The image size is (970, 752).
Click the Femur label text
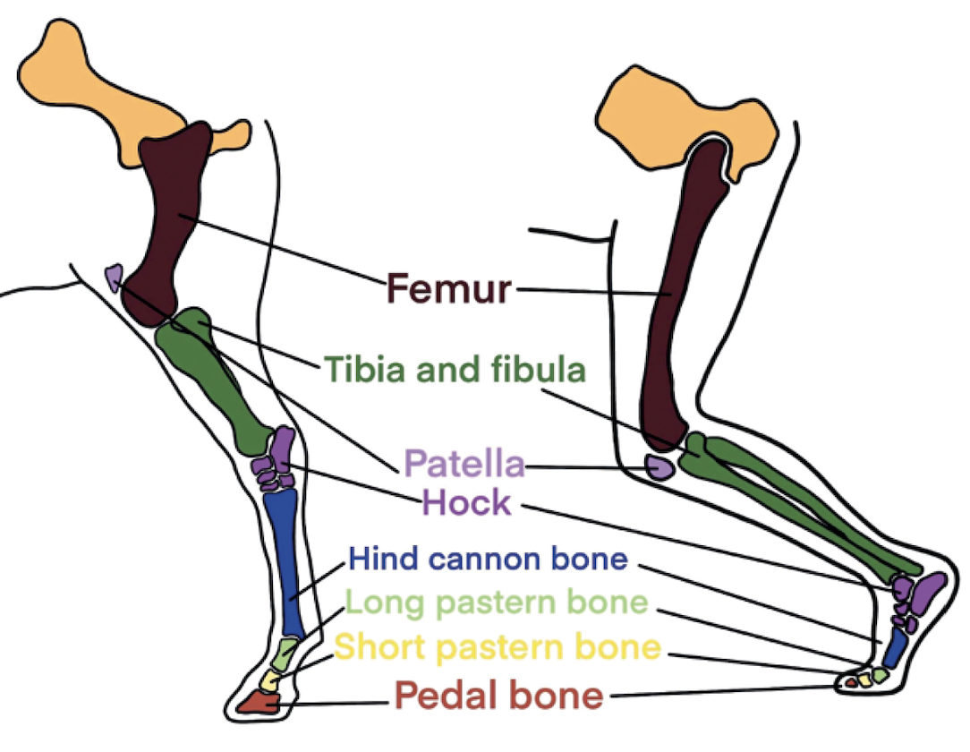click(449, 288)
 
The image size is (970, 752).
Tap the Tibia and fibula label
click(455, 370)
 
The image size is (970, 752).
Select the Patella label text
click(464, 463)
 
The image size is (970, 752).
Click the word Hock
click(467, 502)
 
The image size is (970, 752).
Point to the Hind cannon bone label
click(488, 559)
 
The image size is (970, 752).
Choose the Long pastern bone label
click(496, 602)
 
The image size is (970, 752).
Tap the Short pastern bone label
click(498, 646)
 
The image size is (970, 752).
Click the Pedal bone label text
click(498, 695)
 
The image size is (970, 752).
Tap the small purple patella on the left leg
click(114, 278)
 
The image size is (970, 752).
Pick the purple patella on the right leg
click(659, 466)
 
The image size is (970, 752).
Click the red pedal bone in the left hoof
click(260, 703)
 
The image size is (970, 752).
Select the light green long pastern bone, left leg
click(285, 654)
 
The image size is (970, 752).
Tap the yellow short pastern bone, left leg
click(269, 680)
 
